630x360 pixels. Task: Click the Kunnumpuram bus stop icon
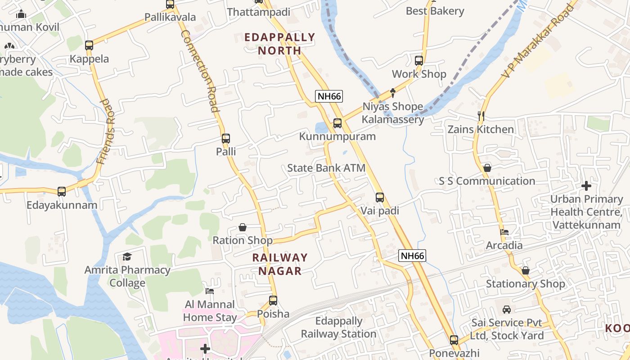pos(337,123)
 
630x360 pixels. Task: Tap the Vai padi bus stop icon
pos(380,197)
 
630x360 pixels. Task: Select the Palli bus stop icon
pos(226,139)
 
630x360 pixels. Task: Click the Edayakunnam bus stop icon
pos(62,191)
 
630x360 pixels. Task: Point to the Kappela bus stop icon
pos(89,45)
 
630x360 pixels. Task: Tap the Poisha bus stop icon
pos(273,300)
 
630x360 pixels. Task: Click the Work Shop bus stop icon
pos(419,60)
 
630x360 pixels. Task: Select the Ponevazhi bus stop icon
pos(454,340)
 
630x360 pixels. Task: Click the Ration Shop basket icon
pos(243,227)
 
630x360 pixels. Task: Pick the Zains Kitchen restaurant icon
pos(481,116)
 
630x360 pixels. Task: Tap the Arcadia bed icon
pos(504,232)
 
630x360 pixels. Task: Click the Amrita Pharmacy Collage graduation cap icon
pos(127,257)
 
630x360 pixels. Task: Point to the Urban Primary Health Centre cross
pos(586,185)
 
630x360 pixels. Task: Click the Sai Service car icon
pos(507,310)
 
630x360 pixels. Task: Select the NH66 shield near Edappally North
pos(329,96)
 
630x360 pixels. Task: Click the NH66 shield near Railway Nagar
pos(412,256)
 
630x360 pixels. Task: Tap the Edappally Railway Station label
pos(338,328)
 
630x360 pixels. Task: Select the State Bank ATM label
pos(326,168)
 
